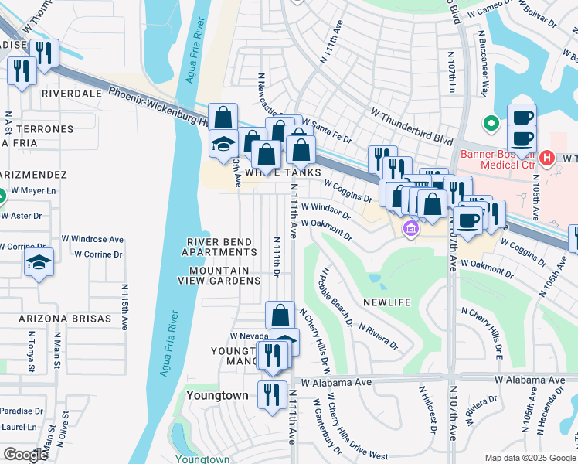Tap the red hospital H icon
(547, 159)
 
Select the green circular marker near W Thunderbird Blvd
(489, 123)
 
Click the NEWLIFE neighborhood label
(387, 302)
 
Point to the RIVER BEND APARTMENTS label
(220, 247)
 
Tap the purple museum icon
(410, 228)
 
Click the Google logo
(26, 455)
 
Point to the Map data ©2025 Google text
(529, 458)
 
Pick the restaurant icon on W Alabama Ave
(272, 395)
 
